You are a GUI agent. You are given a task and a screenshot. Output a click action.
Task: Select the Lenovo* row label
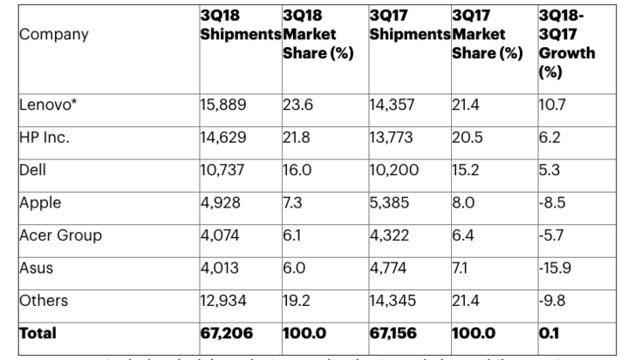[x=47, y=105]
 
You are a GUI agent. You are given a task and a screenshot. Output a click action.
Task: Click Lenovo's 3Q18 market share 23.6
[x=297, y=105]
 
